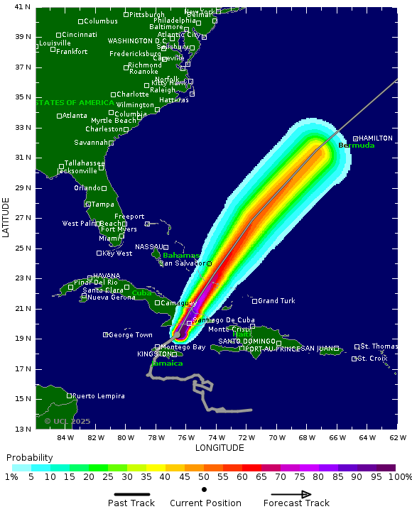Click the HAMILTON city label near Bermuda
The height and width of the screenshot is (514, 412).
[376, 138]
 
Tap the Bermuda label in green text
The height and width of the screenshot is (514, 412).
[356, 146]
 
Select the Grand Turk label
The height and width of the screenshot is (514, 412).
[276, 301]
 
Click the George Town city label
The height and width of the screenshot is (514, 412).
[131, 334]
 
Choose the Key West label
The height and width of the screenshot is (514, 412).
[117, 253]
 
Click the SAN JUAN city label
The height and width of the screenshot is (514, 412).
[318, 349]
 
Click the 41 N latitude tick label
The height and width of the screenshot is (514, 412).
[23, 7]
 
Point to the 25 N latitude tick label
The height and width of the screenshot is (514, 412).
[23, 248]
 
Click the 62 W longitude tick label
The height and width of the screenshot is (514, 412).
[398, 437]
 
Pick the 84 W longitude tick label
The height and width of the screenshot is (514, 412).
[66, 437]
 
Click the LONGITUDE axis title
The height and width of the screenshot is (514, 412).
[219, 448]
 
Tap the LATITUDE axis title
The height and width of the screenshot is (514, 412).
[6, 217]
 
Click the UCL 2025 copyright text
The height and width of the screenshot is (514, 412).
[67, 421]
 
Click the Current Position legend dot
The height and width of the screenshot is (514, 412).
[205, 489]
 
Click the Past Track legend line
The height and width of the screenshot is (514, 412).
[136, 495]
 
